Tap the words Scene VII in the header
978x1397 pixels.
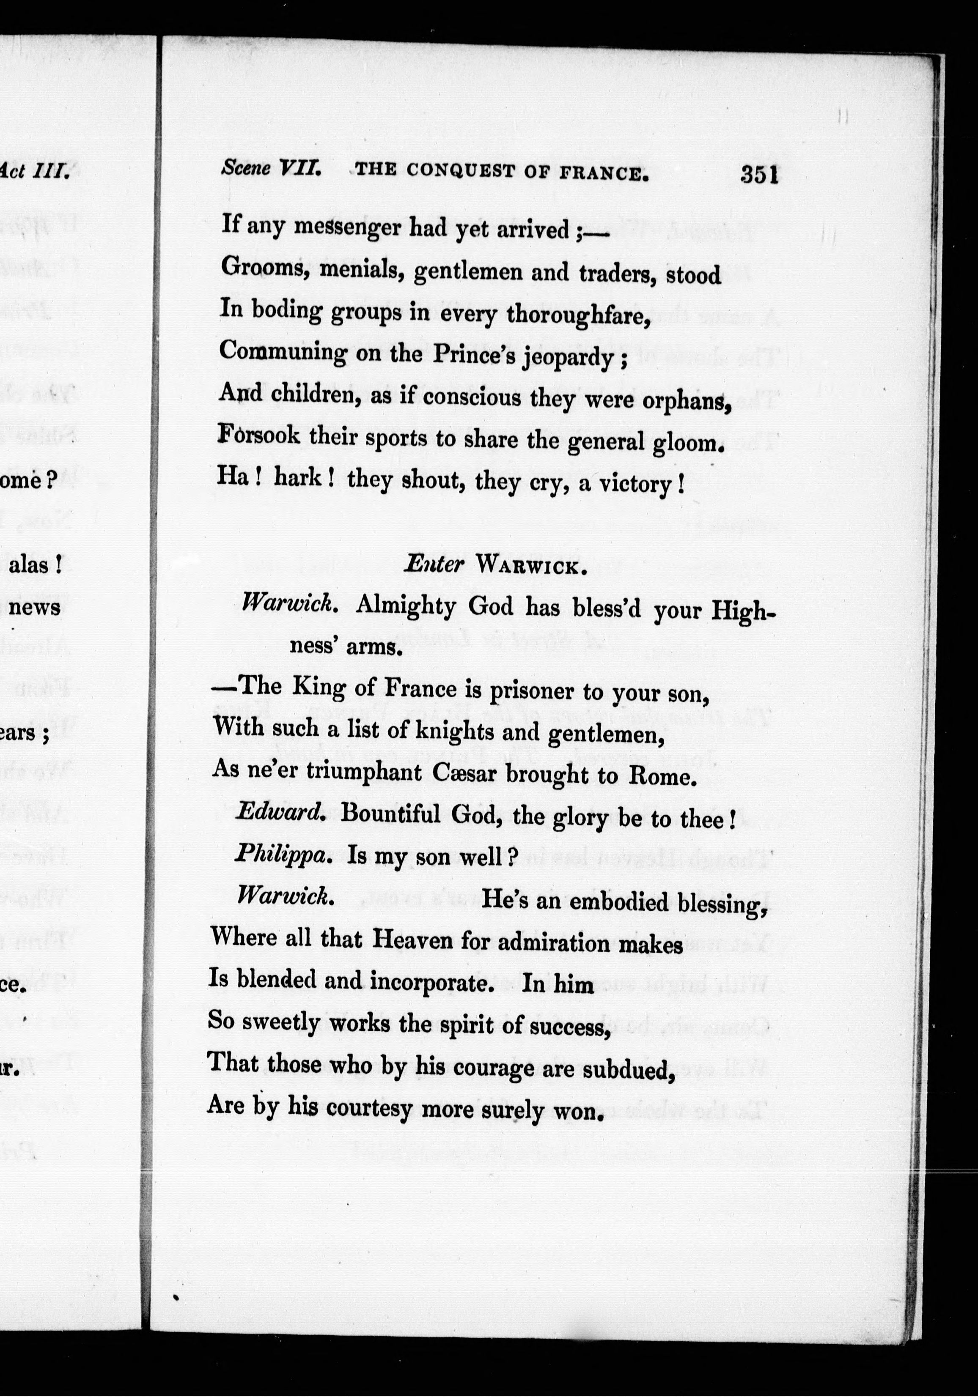pos(271,168)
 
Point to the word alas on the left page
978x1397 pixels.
pos(36,565)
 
